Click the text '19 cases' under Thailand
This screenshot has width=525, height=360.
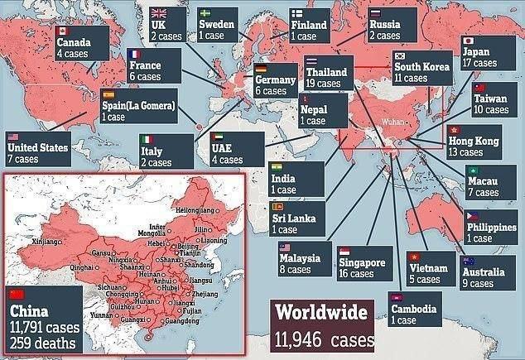click(325, 84)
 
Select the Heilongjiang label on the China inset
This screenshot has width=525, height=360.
click(191, 212)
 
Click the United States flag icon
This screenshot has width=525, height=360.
click(12, 137)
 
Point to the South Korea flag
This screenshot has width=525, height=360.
click(401, 56)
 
